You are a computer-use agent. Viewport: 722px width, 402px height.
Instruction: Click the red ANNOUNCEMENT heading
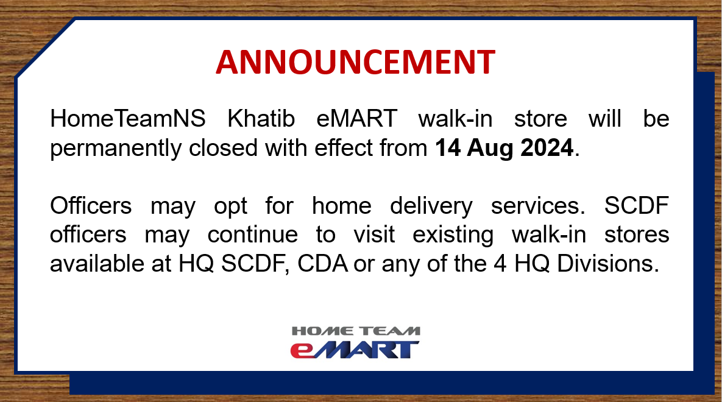tap(355, 62)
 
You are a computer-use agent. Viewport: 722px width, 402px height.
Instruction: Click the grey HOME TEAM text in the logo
tap(355, 331)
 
